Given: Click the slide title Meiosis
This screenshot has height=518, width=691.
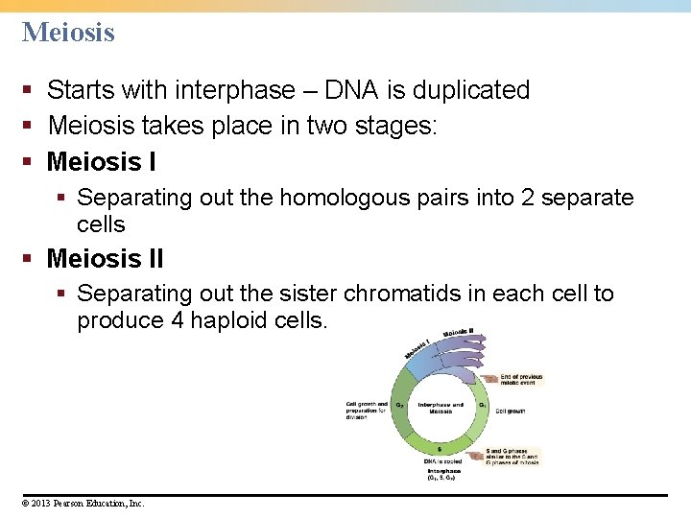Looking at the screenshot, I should click(68, 33).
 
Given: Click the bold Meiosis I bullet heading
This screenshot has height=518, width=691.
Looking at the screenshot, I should click(101, 161).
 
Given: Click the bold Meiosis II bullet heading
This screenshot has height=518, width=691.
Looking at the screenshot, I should click(105, 259).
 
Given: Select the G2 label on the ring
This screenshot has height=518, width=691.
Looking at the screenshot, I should click(399, 405).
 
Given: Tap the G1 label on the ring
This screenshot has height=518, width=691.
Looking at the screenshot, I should click(482, 405).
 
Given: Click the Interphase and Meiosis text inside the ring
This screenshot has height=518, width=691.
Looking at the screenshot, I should click(441, 408).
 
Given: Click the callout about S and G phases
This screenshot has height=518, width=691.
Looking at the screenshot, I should click(512, 456).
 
